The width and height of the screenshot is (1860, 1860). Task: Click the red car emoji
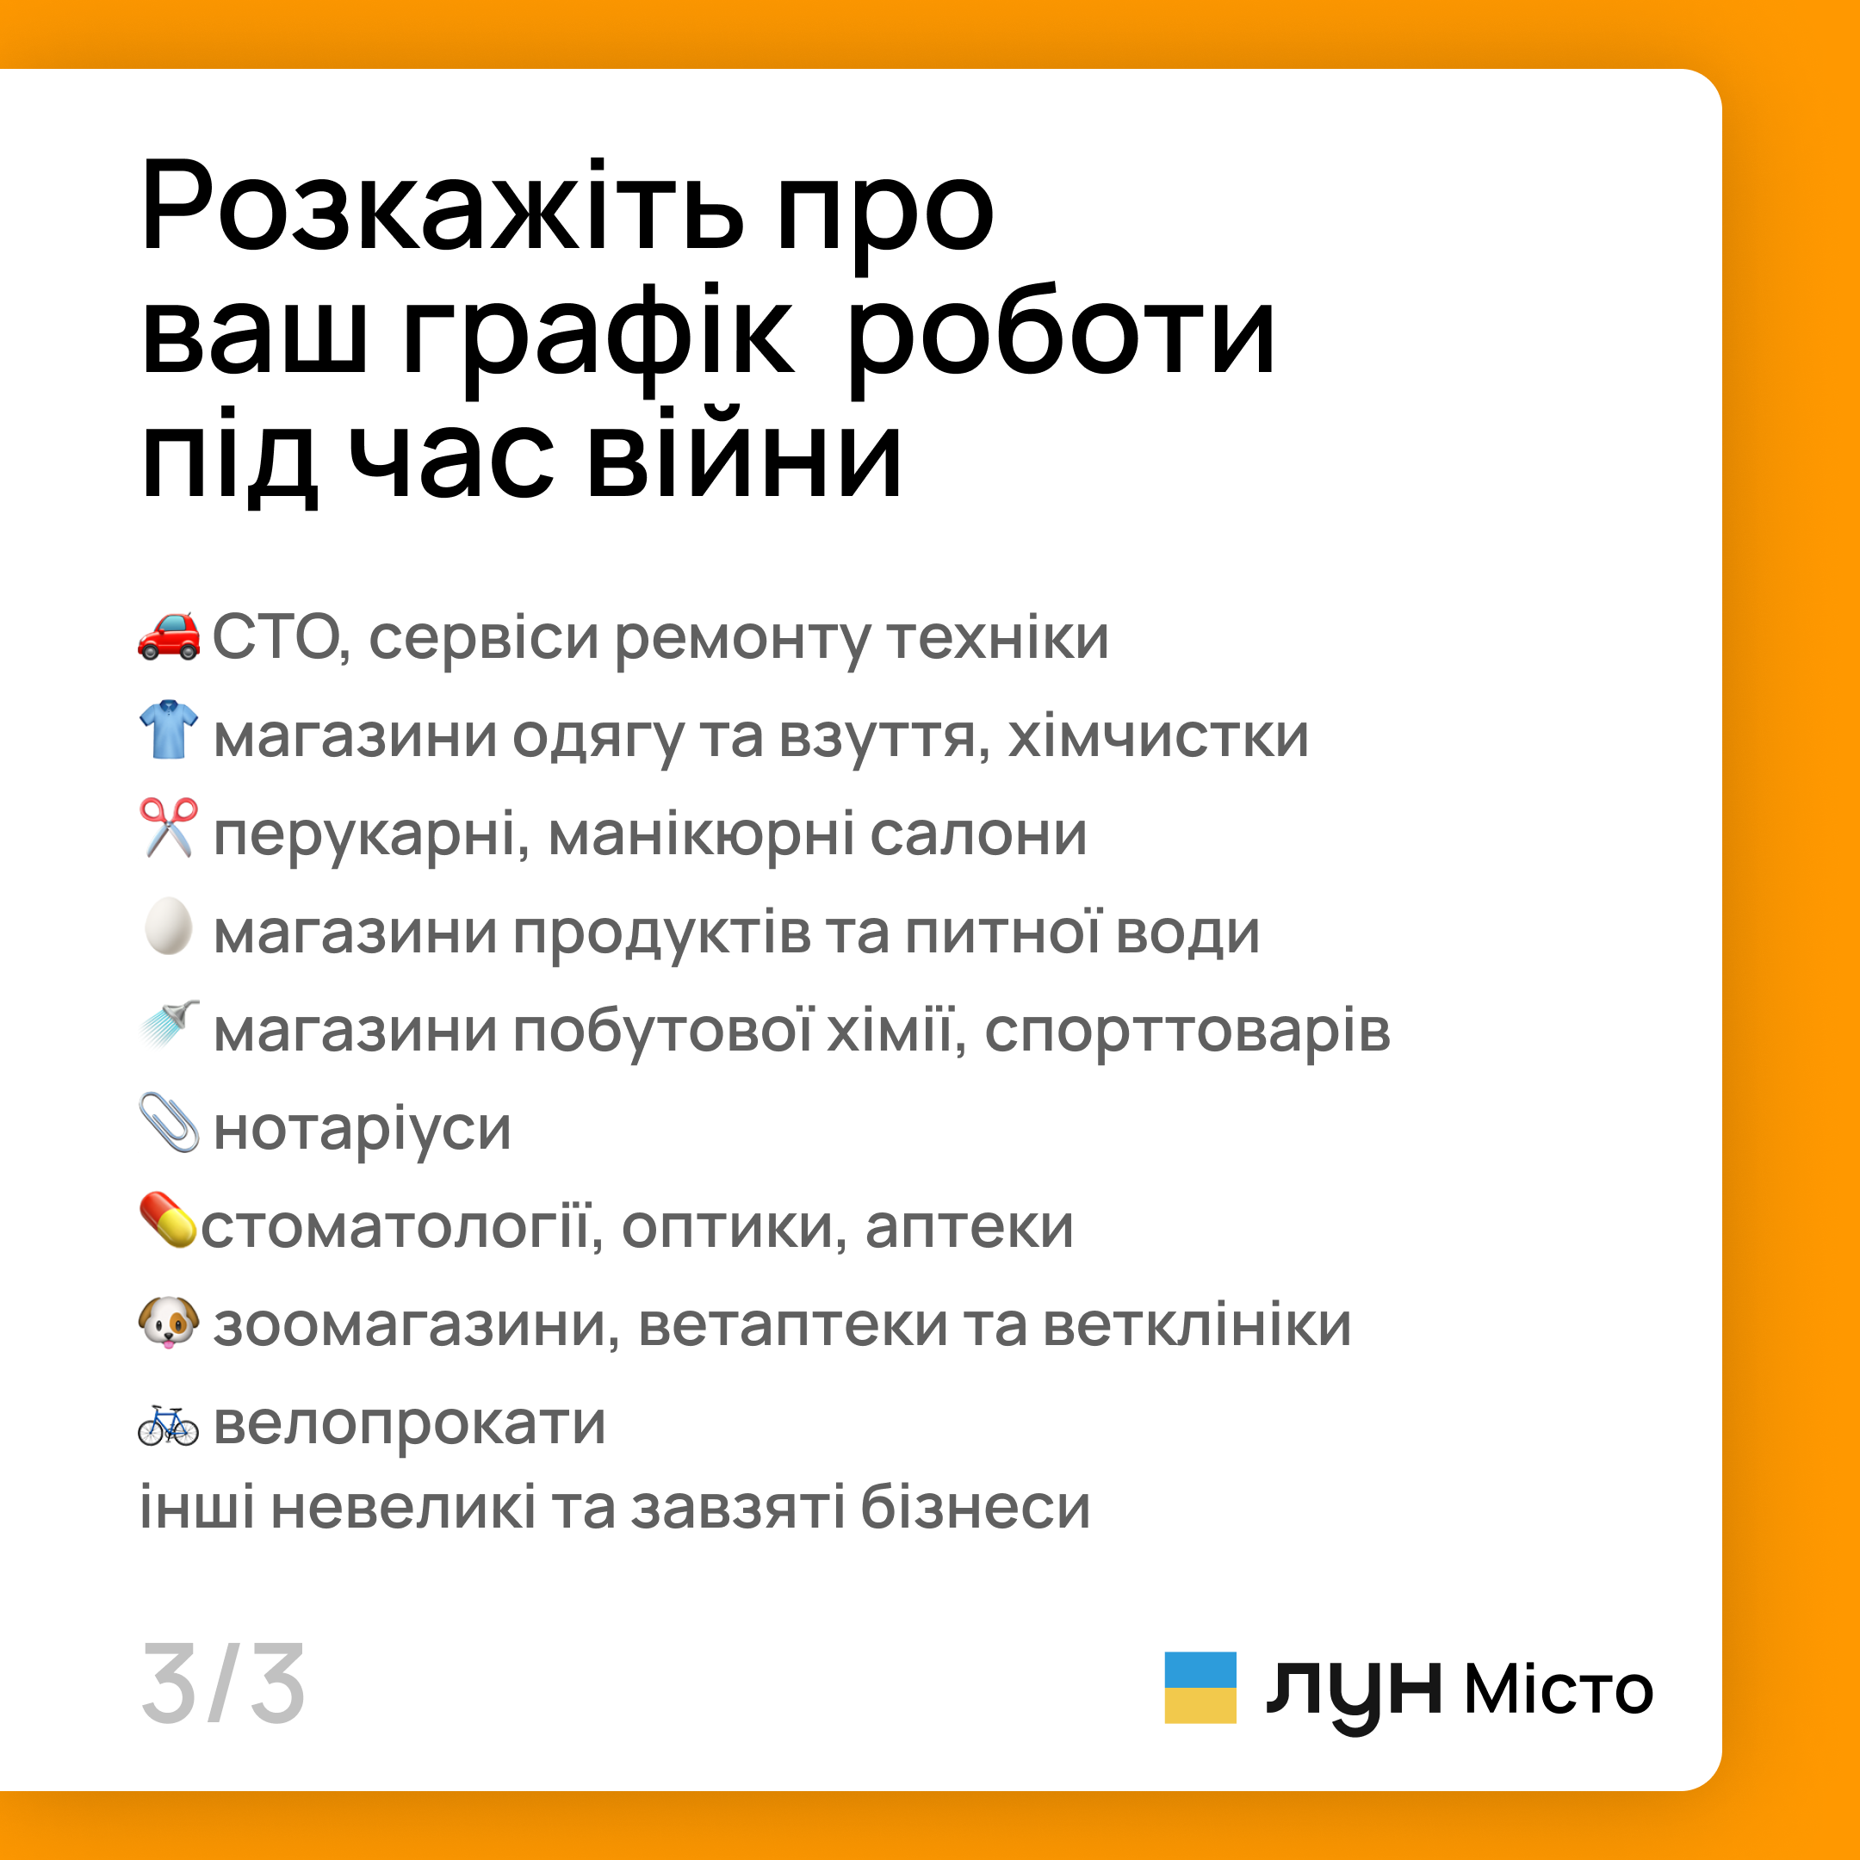(x=169, y=635)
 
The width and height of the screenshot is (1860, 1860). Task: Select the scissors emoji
(x=169, y=827)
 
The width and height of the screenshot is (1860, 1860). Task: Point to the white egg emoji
(x=169, y=927)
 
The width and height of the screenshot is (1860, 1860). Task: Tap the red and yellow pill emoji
(x=168, y=1220)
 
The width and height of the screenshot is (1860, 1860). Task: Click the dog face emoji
(x=169, y=1322)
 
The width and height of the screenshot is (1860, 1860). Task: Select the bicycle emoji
(x=169, y=1426)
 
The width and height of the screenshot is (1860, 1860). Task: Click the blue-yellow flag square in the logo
(x=1200, y=1688)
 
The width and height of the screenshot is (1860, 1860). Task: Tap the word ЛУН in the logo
(x=1353, y=1692)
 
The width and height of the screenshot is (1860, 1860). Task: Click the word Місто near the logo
(x=1558, y=1690)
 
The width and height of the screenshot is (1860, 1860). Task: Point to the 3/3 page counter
(x=223, y=1685)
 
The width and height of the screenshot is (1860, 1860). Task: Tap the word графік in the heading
(x=598, y=334)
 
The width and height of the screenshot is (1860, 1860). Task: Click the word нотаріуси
(x=362, y=1128)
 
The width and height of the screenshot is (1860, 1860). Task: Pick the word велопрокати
(x=409, y=1423)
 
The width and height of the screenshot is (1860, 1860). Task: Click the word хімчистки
(x=1158, y=736)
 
